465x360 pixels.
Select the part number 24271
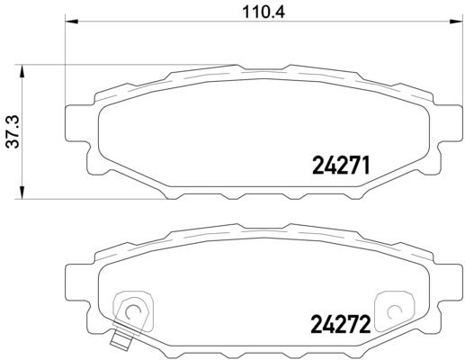click(x=341, y=166)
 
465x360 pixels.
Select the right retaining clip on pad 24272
click(x=393, y=310)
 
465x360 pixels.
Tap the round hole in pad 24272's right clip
click(x=393, y=312)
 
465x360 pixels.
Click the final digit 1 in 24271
click(x=367, y=166)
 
